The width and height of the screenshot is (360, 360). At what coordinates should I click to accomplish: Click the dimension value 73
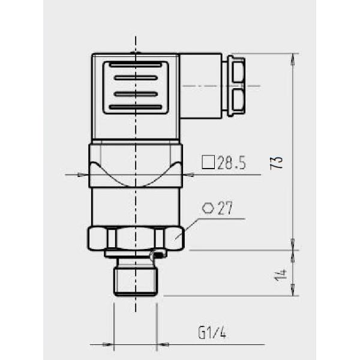pyautogui.click(x=277, y=162)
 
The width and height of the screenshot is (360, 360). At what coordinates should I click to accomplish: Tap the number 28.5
pyautogui.click(x=231, y=163)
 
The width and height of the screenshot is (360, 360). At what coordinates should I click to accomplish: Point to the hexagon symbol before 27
pyautogui.click(x=208, y=208)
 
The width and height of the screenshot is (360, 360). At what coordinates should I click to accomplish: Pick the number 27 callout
pyautogui.click(x=224, y=209)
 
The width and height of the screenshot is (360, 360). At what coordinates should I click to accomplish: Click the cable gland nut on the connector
pyautogui.click(x=235, y=86)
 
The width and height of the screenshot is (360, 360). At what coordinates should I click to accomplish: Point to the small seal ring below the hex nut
pyautogui.click(x=158, y=256)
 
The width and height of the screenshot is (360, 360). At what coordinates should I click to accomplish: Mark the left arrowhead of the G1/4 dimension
pyautogui.click(x=109, y=345)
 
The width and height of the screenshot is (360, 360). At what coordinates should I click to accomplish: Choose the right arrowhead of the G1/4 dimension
pyautogui.click(x=161, y=345)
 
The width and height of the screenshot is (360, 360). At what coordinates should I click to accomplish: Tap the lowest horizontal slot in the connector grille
pyautogui.click(x=136, y=107)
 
